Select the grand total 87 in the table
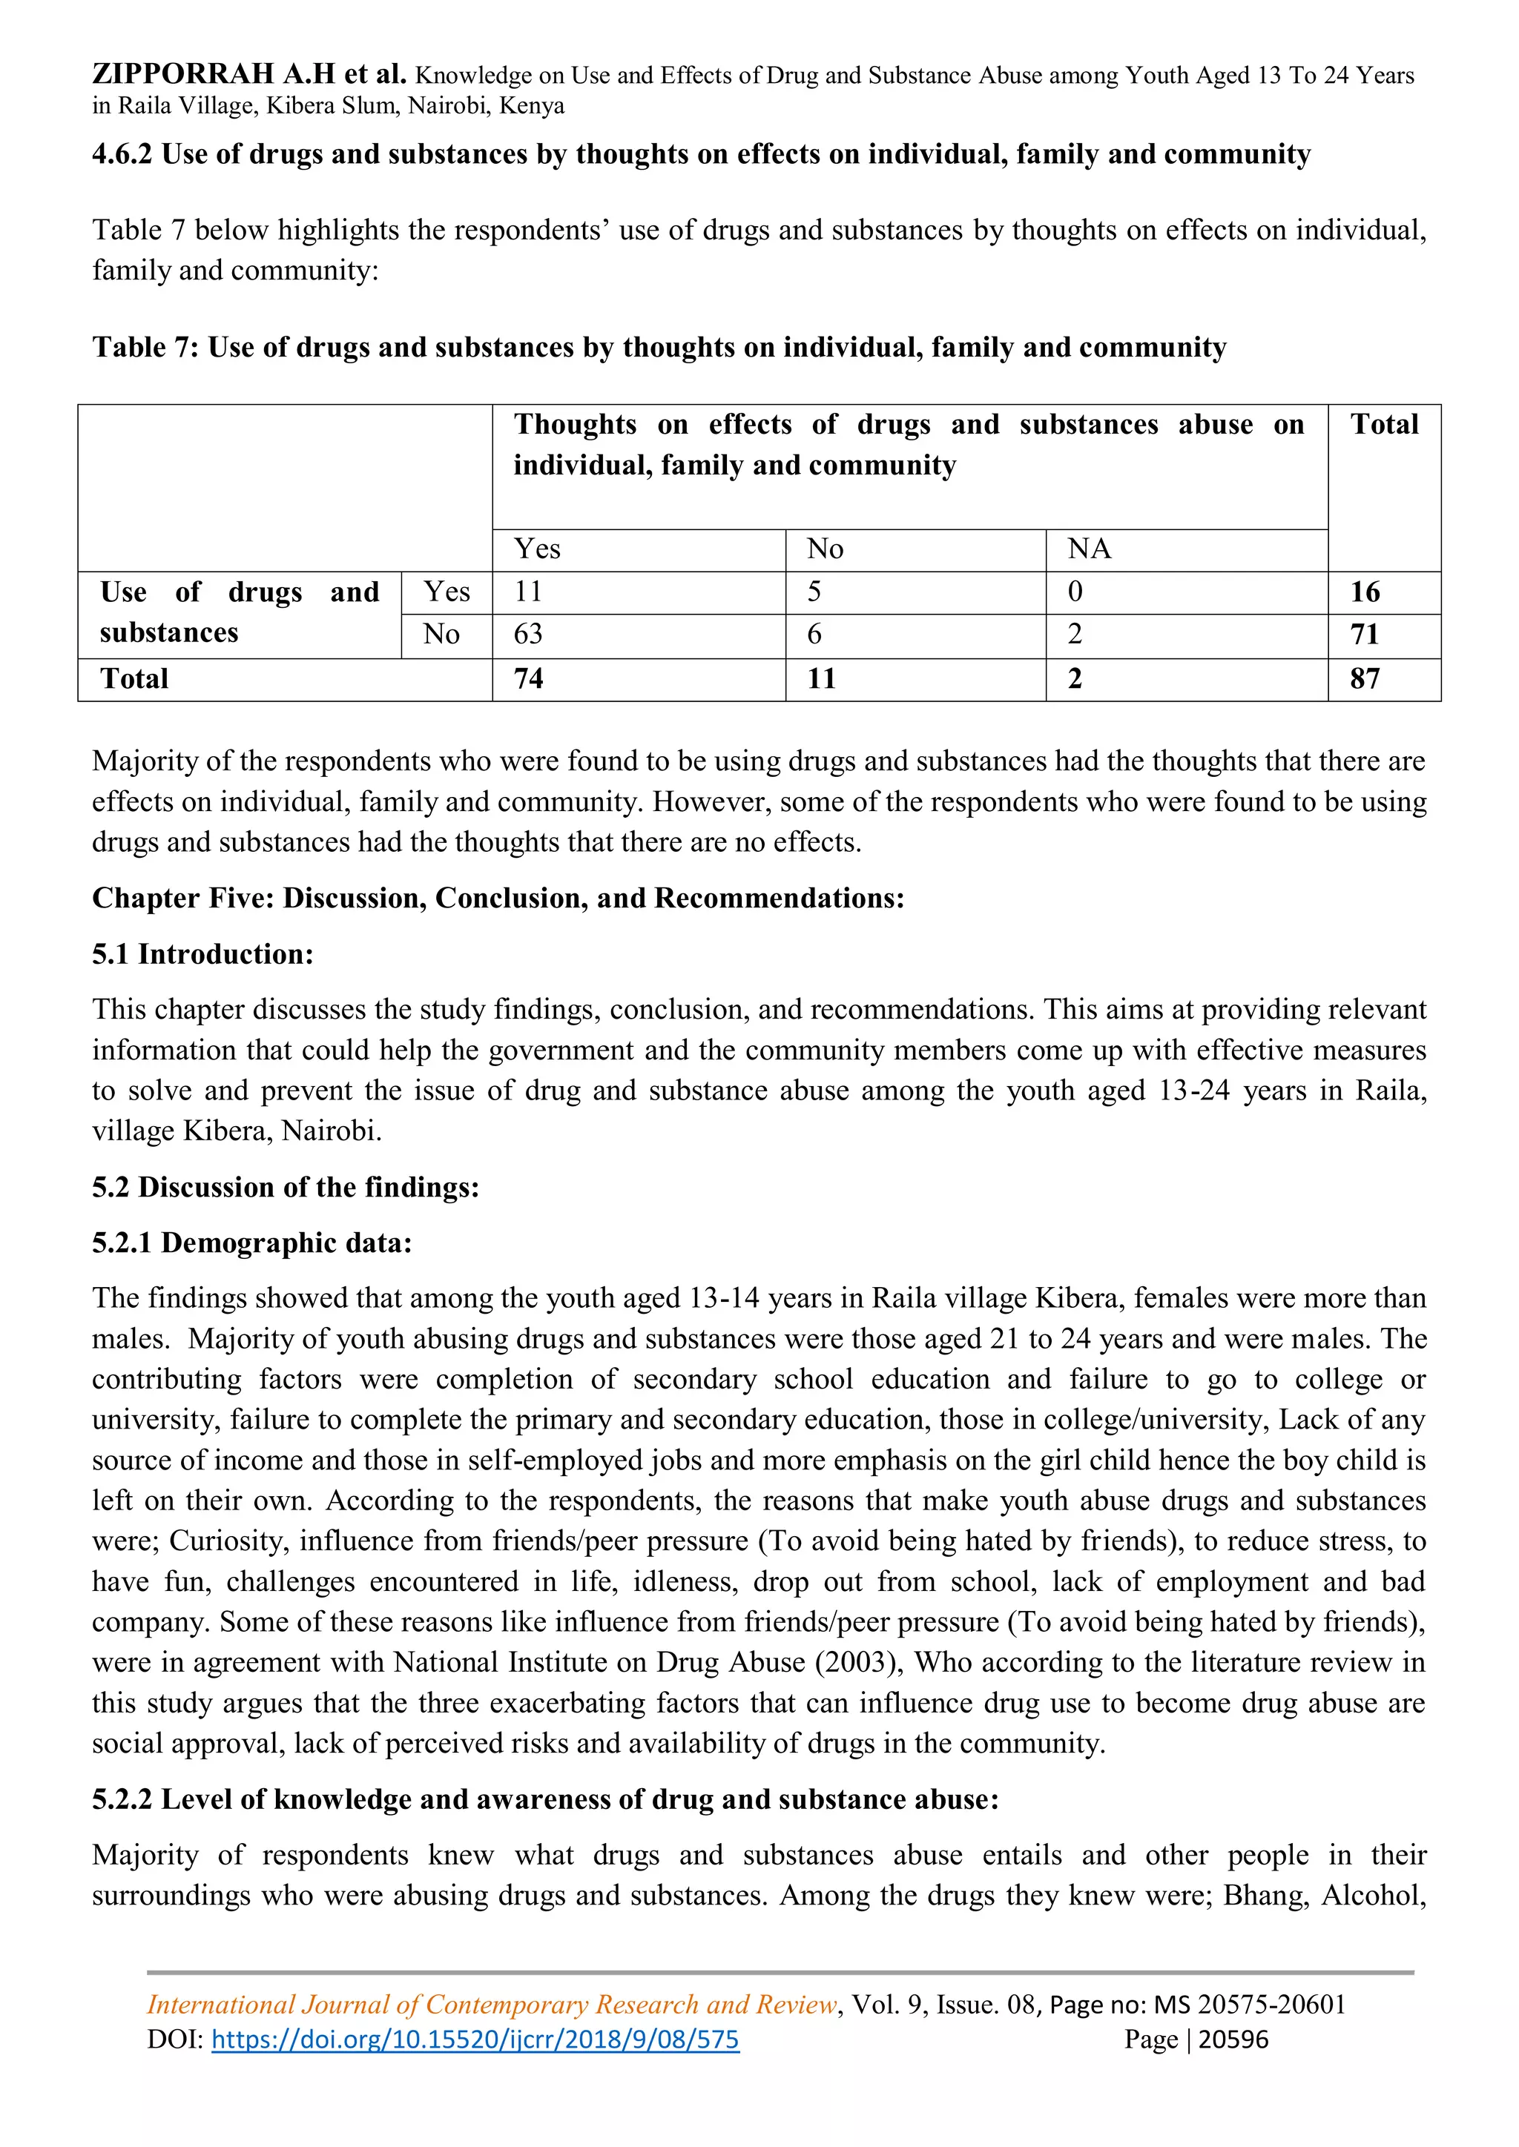coord(1365,679)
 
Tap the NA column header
coord(1090,549)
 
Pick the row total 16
coord(1365,592)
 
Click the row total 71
coord(1365,635)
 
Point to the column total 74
coord(529,679)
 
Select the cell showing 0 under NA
coord(1075,592)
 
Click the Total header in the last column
coord(1384,425)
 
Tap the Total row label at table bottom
coord(135,679)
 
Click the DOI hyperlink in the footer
coord(475,2040)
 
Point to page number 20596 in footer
coord(1233,2040)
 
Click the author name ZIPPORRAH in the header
coord(183,74)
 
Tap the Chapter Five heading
coord(498,898)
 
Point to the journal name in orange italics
coord(492,2004)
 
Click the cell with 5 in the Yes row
coord(814,592)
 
